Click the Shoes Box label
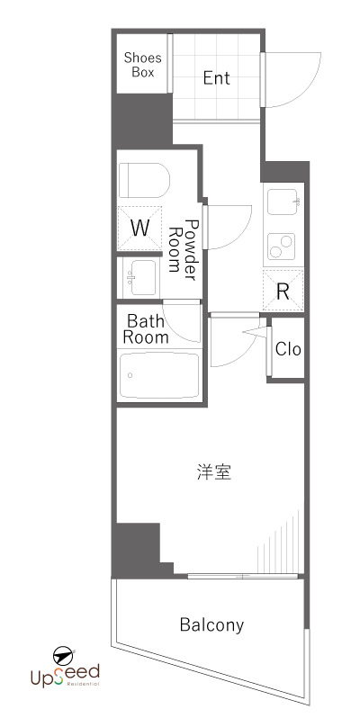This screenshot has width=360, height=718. [142, 64]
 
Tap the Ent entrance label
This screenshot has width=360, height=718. [216, 78]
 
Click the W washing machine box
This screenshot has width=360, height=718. [139, 228]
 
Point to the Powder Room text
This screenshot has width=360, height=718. [184, 245]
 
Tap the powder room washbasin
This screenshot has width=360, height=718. [139, 276]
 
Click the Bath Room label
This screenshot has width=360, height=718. [146, 328]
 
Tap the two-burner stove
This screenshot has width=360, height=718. [284, 244]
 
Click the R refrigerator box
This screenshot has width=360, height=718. [283, 290]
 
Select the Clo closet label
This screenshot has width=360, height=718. [287, 349]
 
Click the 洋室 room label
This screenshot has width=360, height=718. [215, 472]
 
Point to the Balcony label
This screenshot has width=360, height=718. [211, 624]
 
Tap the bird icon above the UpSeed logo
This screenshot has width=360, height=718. [63, 652]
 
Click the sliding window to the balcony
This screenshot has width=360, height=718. [243, 575]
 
